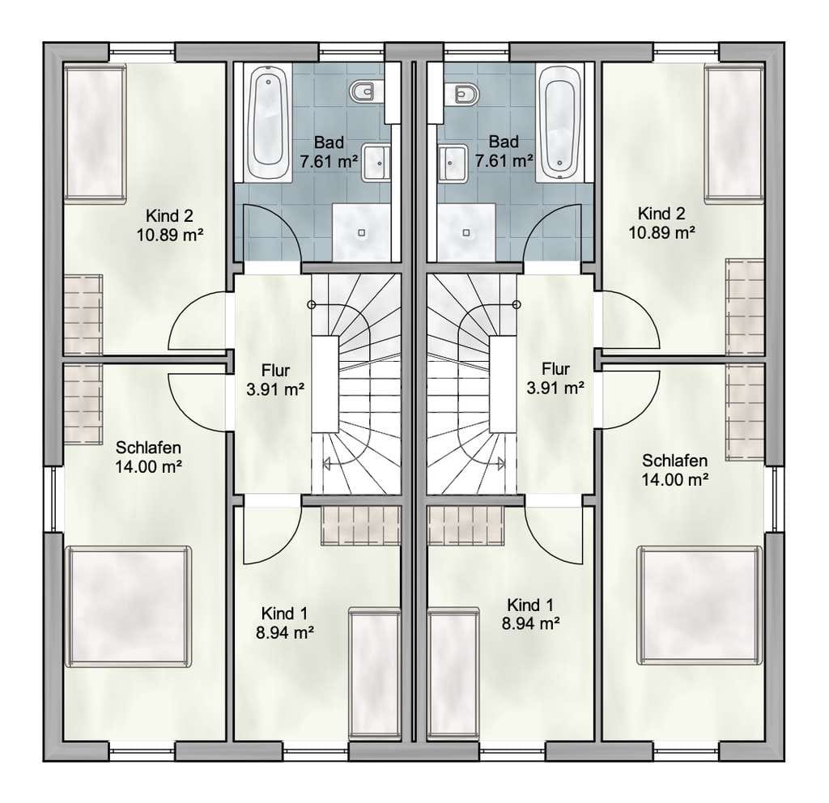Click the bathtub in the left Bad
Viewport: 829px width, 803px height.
(x=269, y=122)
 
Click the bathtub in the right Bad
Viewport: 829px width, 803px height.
(x=560, y=122)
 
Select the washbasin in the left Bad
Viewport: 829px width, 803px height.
(x=376, y=163)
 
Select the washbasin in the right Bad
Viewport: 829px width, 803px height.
(x=453, y=164)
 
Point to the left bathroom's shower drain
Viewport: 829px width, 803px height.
(x=362, y=232)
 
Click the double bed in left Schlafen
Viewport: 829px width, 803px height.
(x=128, y=606)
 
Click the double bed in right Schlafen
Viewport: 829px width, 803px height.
(x=700, y=605)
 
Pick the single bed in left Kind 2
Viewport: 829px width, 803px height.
(x=96, y=133)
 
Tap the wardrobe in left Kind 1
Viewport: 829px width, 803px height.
(x=360, y=525)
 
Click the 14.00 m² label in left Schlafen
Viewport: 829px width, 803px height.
(x=149, y=467)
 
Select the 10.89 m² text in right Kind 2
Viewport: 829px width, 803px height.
(x=661, y=232)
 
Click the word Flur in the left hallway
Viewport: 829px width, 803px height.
(x=275, y=371)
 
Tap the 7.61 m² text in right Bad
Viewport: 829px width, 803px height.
(x=504, y=160)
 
